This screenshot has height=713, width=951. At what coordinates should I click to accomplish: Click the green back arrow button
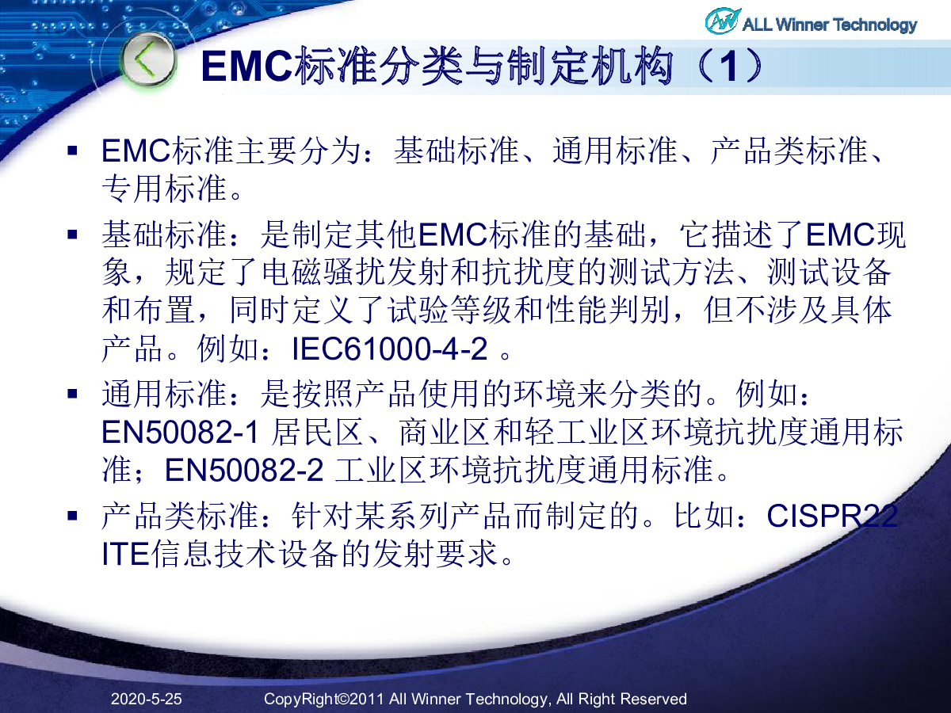148,59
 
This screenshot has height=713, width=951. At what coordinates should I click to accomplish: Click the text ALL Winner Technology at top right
829,25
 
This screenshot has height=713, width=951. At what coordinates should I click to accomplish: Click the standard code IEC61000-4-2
389,349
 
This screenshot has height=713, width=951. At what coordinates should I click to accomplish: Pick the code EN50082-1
180,432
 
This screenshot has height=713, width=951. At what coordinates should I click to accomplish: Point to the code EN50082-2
244,470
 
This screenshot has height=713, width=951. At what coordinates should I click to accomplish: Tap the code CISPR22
832,516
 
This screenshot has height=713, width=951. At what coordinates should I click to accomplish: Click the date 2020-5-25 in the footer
147,700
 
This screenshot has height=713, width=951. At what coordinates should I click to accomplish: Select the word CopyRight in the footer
300,700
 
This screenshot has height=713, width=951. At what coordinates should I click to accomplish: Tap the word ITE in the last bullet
126,555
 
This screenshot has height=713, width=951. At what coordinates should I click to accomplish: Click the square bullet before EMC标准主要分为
72,151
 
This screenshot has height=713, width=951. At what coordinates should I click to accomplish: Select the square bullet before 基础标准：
72,234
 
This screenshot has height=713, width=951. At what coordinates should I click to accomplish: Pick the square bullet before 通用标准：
72,394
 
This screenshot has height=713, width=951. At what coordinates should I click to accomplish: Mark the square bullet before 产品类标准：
72,516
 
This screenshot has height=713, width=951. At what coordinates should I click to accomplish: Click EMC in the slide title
247,67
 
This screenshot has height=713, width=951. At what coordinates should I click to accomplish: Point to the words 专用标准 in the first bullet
165,189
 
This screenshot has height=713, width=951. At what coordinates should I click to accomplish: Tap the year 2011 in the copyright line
367,700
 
